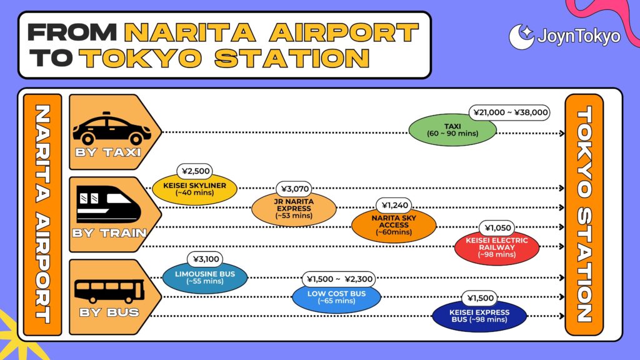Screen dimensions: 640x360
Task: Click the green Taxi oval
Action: (x=452, y=130)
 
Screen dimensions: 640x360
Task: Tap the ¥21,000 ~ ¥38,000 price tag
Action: (x=509, y=112)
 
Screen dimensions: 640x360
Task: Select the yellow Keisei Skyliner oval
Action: (x=195, y=189)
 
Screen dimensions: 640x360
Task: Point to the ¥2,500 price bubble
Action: (x=196, y=171)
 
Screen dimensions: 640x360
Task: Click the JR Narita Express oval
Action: (x=294, y=209)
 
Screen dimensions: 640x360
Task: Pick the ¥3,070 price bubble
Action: (x=294, y=189)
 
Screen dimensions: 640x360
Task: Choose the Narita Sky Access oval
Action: (x=394, y=225)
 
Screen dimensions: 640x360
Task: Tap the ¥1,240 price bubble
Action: (x=394, y=205)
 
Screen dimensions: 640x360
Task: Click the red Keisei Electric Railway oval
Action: (x=497, y=247)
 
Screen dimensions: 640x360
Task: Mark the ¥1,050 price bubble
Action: (x=497, y=227)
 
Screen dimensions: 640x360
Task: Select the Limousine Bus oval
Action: (x=205, y=277)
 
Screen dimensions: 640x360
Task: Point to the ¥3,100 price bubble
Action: (x=206, y=259)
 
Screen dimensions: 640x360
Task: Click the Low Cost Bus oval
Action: (x=337, y=297)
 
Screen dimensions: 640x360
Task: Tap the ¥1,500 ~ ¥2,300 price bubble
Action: (x=339, y=279)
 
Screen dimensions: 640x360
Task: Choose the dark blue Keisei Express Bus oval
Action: (x=479, y=316)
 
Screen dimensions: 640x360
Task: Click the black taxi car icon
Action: (x=112, y=128)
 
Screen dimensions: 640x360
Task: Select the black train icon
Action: (x=108, y=204)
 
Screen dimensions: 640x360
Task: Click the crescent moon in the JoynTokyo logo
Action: (x=521, y=37)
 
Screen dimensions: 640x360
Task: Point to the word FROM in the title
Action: (x=72, y=32)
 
